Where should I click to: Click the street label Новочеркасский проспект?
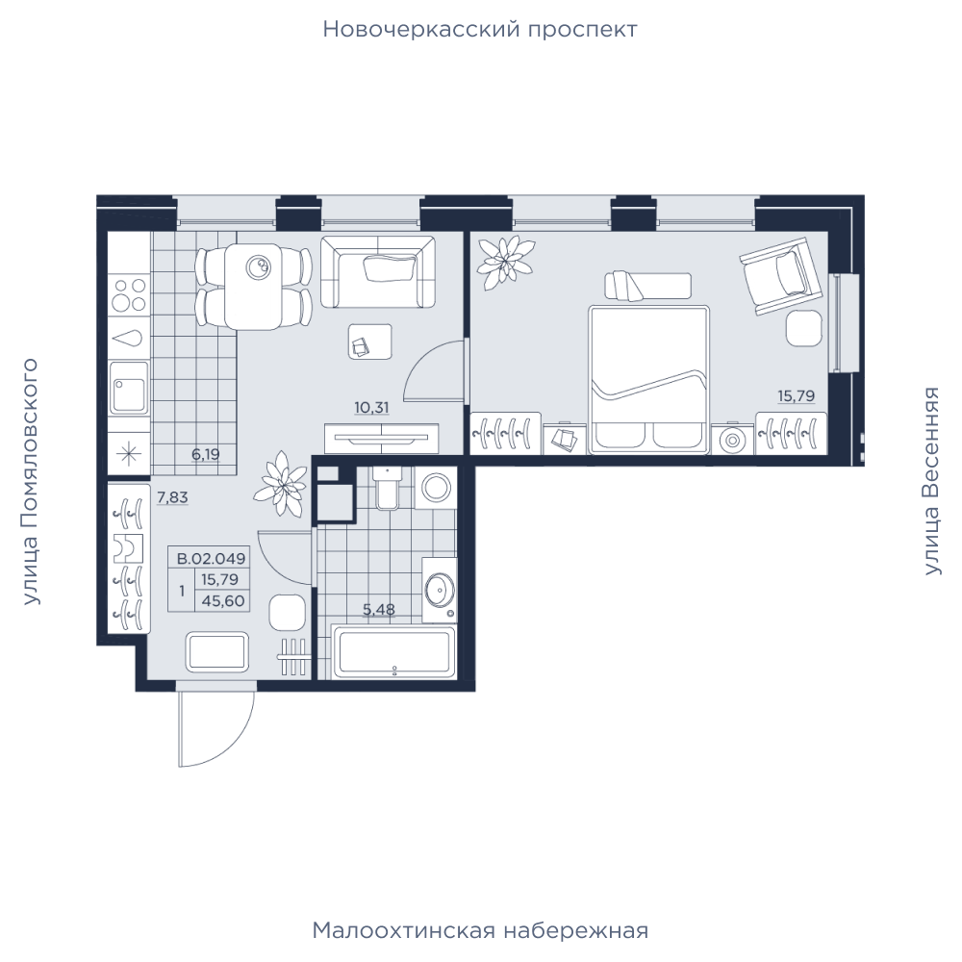pos(480,30)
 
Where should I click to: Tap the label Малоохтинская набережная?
pos(480,930)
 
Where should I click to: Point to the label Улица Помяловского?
pos(30,482)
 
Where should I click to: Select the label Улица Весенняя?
pos(932,481)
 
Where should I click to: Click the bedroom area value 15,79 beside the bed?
pos(797,396)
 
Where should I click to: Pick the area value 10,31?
pos(371,407)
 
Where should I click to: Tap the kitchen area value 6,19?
pos(206,455)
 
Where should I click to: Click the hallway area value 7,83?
pos(172,497)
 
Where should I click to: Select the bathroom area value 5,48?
pos(378,609)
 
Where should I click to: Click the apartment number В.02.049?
pos(211,559)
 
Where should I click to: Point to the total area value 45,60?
pos(223,601)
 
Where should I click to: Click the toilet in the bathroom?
pos(387,488)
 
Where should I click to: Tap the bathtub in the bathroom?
pos(393,651)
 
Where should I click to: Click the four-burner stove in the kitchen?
pos(130,295)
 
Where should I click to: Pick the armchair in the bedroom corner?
pos(781,275)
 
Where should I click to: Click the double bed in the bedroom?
pos(649,380)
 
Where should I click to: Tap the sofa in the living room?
pos(377,272)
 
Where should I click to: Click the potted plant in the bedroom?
pos(506,263)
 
